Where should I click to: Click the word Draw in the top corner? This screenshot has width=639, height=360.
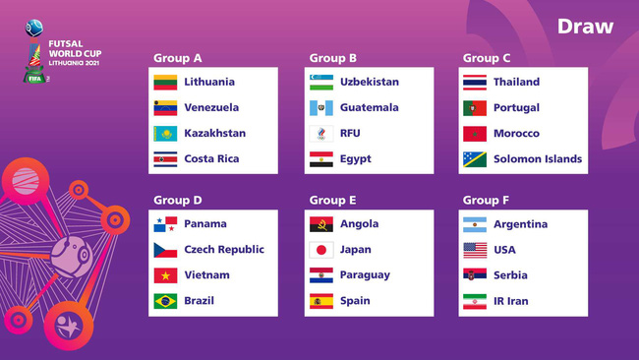point(585,27)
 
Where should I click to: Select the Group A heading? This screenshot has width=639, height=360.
point(177,58)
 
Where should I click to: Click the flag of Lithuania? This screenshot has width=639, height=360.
point(165,83)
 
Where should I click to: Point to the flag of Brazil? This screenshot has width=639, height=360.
point(165,301)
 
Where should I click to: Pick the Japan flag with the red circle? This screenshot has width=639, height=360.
point(321,250)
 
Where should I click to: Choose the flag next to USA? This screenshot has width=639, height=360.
point(475,250)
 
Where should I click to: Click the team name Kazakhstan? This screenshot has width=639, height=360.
point(214,134)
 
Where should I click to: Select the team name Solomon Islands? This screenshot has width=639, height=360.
point(538,159)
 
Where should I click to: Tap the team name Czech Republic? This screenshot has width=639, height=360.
point(224,250)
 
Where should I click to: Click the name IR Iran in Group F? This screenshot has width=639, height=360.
point(510,301)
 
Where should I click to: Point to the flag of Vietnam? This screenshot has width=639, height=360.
point(165,275)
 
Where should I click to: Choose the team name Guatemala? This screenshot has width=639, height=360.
point(370,108)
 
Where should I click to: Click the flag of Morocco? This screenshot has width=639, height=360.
point(475,134)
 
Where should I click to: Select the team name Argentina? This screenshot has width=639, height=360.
point(520,224)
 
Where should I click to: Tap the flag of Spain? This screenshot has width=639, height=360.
point(321,301)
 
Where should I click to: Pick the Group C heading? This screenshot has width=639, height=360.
point(487,58)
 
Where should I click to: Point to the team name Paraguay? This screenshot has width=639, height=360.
point(365,275)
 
